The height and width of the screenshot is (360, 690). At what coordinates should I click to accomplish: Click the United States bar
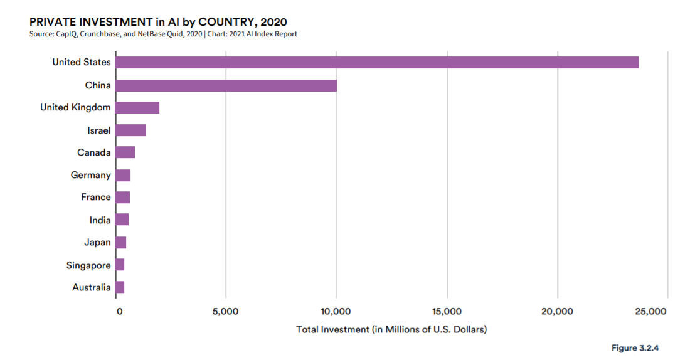click(377, 63)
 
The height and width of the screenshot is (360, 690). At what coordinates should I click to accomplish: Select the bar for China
click(226, 85)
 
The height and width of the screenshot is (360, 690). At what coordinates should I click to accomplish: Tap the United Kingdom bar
click(138, 107)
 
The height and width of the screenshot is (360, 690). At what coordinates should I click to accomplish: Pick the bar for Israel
click(130, 130)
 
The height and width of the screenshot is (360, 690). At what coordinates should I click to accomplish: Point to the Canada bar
click(125, 152)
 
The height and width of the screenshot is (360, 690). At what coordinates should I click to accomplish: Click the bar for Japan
click(121, 243)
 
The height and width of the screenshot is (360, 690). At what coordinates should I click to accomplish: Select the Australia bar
click(120, 287)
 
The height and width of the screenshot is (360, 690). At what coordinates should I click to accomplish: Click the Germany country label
click(91, 175)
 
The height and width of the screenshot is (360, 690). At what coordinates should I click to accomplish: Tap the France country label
click(96, 197)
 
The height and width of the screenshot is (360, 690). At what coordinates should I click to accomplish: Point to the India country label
click(100, 220)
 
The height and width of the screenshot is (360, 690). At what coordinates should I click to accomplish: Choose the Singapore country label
click(88, 265)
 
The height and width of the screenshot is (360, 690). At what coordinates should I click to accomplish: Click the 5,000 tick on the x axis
click(225, 312)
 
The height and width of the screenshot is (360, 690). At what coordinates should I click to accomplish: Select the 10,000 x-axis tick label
click(336, 312)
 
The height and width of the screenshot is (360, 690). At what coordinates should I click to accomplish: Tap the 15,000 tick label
click(447, 312)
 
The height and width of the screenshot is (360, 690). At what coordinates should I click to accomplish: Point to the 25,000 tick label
click(650, 312)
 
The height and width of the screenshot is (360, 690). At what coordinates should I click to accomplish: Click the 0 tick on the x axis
click(120, 312)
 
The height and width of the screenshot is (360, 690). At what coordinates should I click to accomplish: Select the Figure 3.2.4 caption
click(635, 348)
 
